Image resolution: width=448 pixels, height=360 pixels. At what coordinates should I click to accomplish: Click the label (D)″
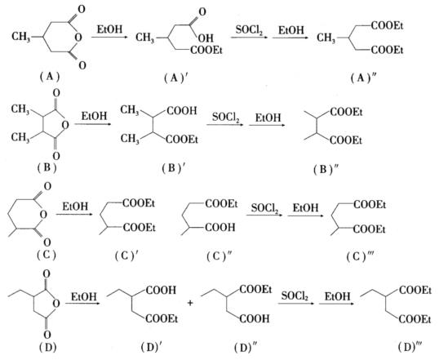click(x=246, y=348)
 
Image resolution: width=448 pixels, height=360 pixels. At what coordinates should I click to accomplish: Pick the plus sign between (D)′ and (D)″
click(x=191, y=303)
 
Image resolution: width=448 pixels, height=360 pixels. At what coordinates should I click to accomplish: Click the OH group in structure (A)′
click(x=206, y=38)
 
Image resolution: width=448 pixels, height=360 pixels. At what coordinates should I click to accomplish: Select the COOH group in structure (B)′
click(x=182, y=110)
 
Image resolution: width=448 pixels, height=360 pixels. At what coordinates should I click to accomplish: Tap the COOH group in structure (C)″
click(x=220, y=228)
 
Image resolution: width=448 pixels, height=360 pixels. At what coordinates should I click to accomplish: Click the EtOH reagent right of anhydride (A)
click(x=109, y=29)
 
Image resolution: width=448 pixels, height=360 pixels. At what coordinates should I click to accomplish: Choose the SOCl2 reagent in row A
click(x=249, y=30)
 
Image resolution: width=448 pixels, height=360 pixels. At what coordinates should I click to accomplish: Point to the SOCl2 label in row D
click(x=295, y=296)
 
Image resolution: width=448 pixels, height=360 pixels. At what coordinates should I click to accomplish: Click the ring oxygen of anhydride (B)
click(x=65, y=125)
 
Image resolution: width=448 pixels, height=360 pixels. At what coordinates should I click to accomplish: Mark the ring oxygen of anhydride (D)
click(x=56, y=303)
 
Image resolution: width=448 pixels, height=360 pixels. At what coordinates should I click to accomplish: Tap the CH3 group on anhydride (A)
click(x=21, y=37)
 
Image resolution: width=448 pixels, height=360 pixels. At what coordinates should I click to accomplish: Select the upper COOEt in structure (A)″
click(x=387, y=26)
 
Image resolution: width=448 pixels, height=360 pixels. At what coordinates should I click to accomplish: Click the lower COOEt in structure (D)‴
click(x=415, y=319)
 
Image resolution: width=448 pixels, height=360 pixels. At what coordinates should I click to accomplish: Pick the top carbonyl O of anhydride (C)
click(x=47, y=187)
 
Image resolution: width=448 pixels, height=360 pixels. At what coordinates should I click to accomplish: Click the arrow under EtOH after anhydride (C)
click(x=74, y=215)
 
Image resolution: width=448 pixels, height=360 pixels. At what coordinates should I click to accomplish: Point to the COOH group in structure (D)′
click(x=161, y=291)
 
